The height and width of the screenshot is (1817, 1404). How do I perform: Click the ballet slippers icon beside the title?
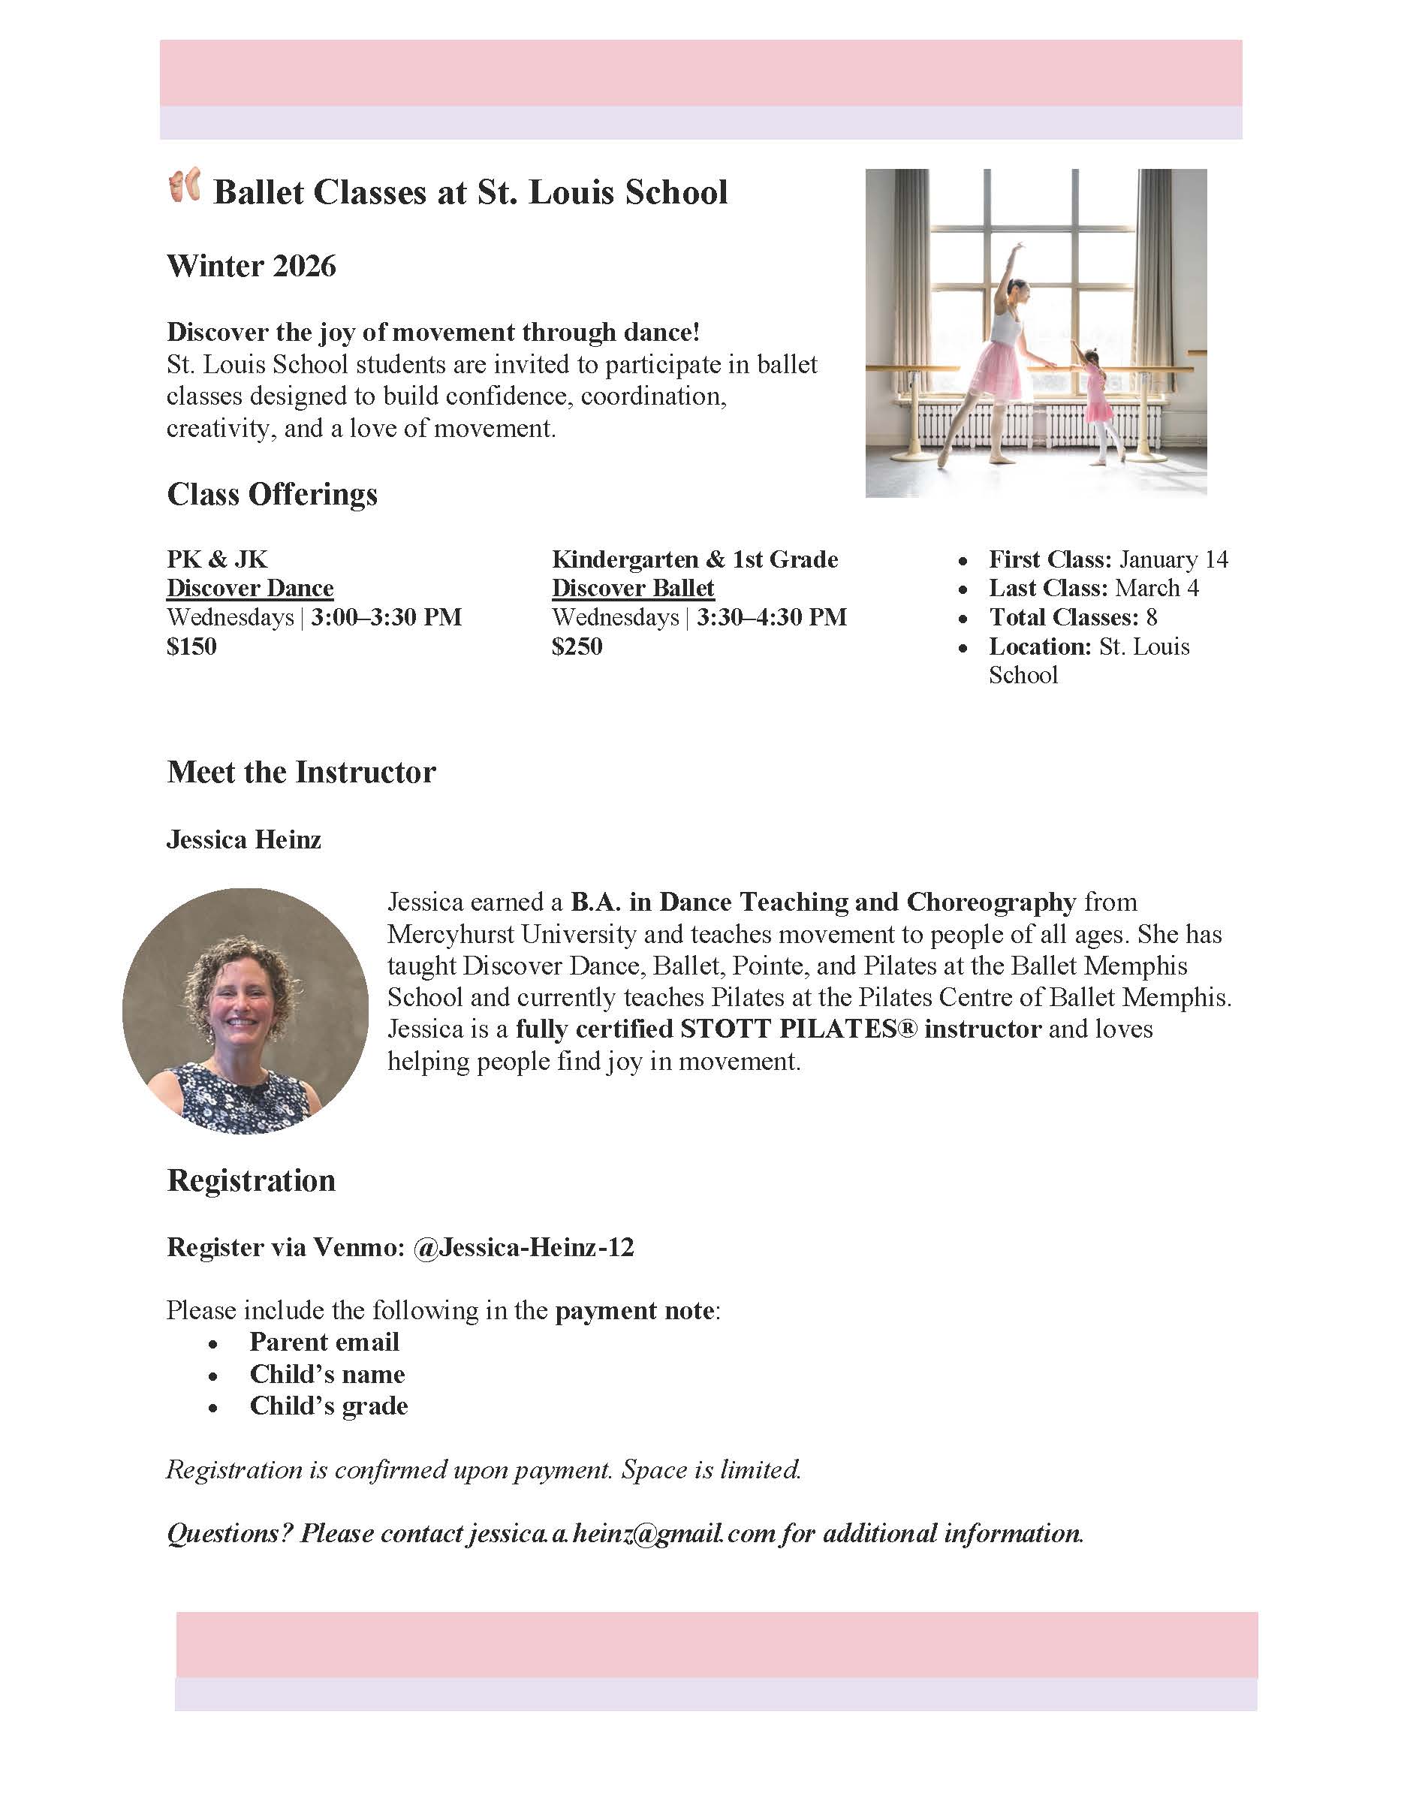coord(184,185)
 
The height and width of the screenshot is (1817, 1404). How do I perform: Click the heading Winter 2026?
coord(252,267)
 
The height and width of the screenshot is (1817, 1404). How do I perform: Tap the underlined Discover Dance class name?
coord(249,588)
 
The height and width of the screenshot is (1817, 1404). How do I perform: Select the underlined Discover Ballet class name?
coord(633,588)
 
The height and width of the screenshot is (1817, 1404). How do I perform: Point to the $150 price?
coord(191,646)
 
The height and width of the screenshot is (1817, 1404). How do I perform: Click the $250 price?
coord(577,646)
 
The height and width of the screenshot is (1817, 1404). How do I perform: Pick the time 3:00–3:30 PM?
coord(387,617)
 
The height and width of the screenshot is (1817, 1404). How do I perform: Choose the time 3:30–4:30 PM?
coord(772,617)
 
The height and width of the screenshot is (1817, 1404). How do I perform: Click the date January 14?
coord(1173,559)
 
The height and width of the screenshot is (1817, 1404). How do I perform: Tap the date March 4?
coord(1157,588)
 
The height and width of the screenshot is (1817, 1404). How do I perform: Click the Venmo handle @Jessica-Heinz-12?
coord(523,1247)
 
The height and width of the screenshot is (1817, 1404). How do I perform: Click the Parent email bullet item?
coord(324,1342)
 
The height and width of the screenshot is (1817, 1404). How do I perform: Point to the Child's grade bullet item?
coord(329,1406)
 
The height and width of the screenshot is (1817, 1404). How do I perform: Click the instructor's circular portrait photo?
coord(246,1011)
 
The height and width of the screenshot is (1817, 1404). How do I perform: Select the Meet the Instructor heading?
coord(301,772)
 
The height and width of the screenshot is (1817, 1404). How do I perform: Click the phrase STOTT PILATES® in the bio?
coord(799,1029)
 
